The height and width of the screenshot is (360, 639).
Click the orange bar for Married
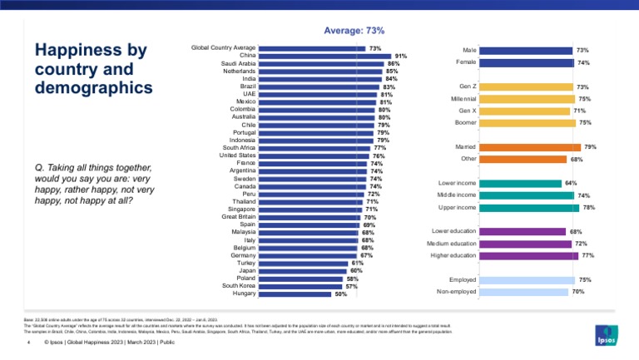(531, 147)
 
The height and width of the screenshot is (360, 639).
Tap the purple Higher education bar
(529, 256)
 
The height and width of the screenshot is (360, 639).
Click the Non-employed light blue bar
(525, 292)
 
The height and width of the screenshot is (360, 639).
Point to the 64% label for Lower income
(571, 183)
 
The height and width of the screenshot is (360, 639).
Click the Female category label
(466, 62)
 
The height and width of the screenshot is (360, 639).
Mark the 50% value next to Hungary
(340, 293)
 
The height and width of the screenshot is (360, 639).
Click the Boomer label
(464, 122)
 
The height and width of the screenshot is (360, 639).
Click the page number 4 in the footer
(28, 342)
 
